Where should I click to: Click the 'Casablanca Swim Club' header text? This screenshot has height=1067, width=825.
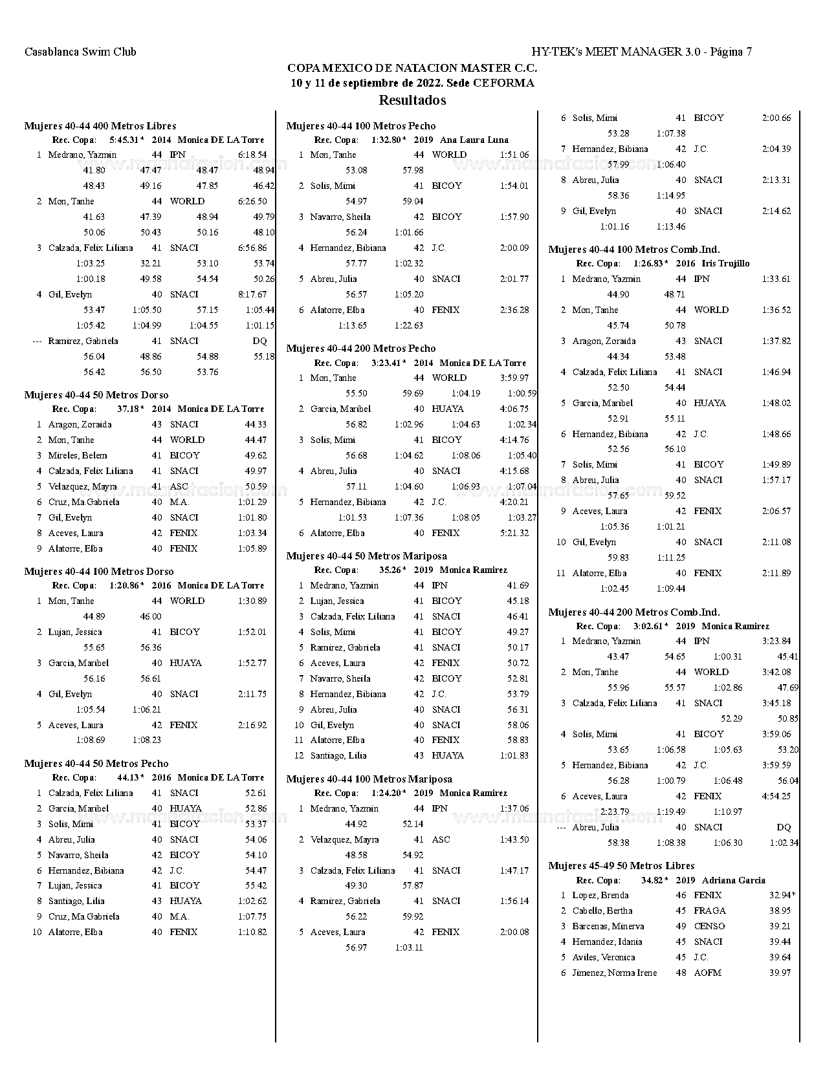80,52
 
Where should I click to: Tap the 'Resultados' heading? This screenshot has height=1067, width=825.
412,100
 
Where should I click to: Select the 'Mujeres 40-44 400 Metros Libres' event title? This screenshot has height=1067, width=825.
100,126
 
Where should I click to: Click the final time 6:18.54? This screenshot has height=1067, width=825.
252,155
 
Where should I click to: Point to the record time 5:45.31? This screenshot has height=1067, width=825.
125,140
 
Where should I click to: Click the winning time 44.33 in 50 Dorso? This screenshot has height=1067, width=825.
256,424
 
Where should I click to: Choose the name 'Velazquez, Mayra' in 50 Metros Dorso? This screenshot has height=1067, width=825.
82,486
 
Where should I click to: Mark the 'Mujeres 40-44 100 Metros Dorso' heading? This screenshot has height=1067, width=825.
99,572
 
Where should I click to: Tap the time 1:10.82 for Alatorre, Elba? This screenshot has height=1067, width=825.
252,932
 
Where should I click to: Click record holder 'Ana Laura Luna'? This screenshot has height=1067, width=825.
474,140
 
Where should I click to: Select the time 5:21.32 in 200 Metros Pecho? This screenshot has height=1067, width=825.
514,533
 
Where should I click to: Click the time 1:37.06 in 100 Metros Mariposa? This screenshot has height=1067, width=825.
514,808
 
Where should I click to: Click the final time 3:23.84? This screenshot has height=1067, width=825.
776,641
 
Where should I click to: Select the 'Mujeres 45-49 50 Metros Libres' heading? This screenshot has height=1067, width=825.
621,866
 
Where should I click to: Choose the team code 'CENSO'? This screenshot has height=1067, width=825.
709,926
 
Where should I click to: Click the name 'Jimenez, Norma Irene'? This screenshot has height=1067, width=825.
614,973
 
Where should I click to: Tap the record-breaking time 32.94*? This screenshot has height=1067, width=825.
782,895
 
